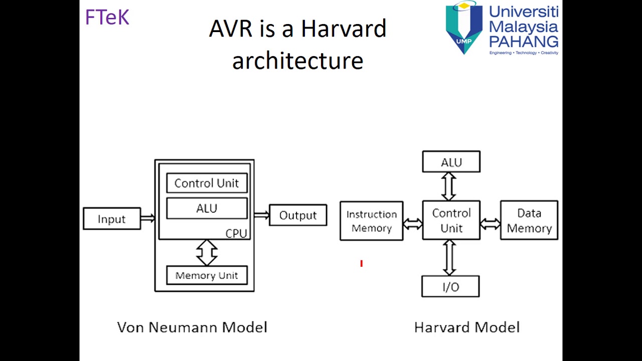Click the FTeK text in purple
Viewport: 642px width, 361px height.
(107, 18)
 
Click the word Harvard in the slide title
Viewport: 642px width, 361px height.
(344, 29)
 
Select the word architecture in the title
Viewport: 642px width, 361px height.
(297, 61)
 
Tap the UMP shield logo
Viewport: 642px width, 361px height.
(464, 28)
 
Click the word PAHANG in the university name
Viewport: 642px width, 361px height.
(524, 41)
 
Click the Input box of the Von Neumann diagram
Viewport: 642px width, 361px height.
(112, 219)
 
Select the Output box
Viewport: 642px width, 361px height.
(298, 215)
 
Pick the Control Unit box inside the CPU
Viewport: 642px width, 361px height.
(207, 183)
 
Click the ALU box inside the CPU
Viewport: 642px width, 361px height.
(207, 208)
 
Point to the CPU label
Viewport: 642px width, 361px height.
(236, 234)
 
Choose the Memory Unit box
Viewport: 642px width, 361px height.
(207, 275)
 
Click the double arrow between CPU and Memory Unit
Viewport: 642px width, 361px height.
(207, 252)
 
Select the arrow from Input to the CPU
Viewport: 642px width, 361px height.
(147, 218)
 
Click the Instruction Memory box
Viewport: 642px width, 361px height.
(371, 221)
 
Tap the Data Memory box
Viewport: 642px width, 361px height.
(529, 221)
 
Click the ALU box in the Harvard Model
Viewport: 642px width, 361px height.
(451, 162)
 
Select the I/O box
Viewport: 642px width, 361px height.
(450, 287)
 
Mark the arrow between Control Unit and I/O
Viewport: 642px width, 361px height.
(449, 258)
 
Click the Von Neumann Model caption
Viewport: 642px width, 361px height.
(192, 327)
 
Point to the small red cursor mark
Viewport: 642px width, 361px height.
(361, 263)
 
